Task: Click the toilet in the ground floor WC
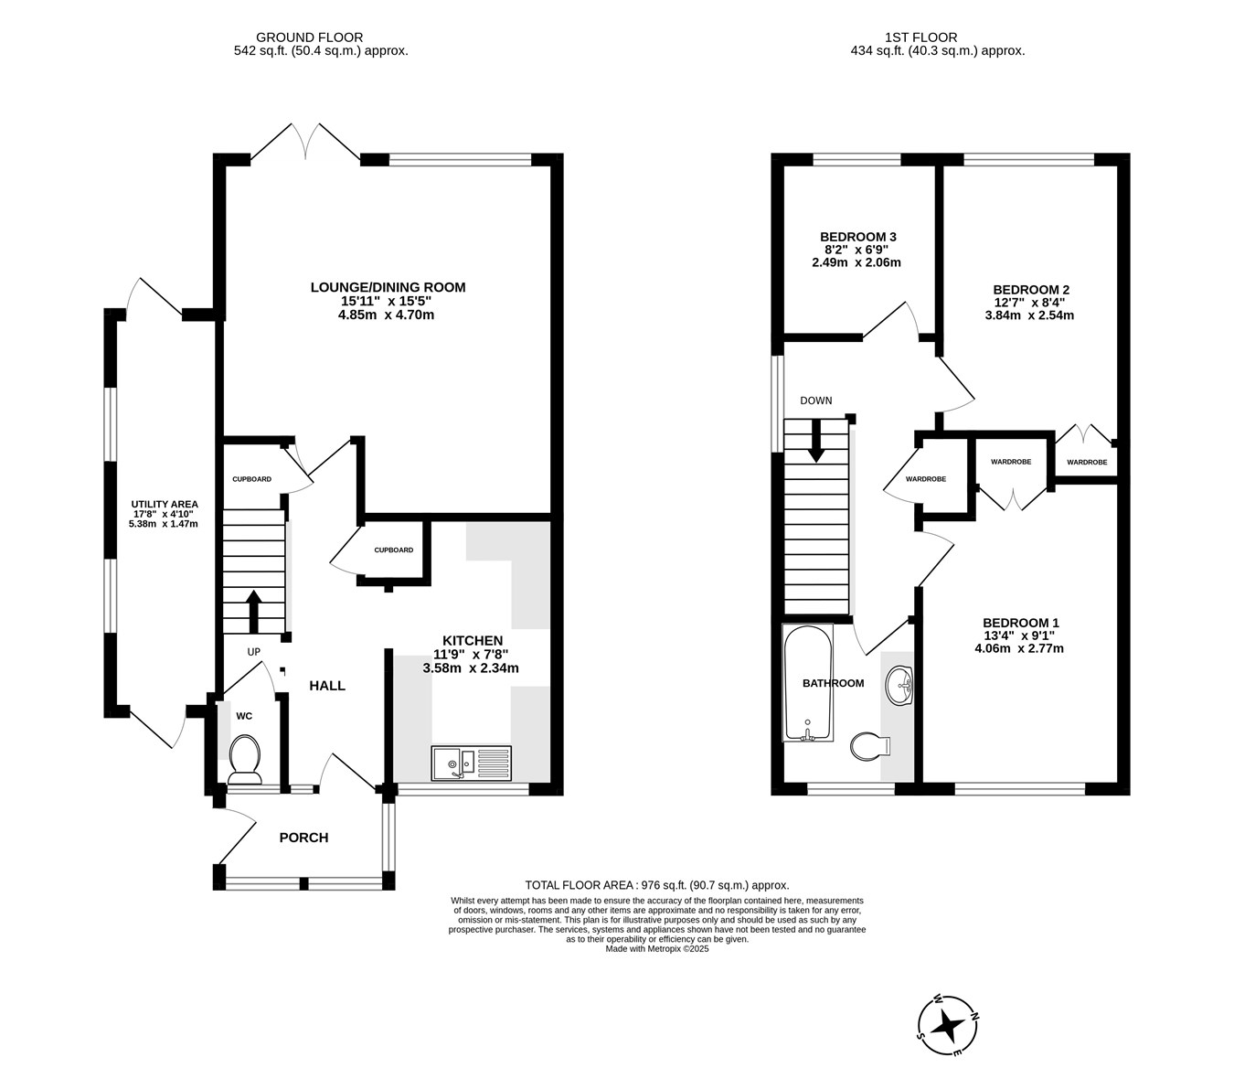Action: [245, 759]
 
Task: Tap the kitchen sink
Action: [471, 763]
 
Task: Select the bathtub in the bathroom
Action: [808, 683]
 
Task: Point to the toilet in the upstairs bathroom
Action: [870, 746]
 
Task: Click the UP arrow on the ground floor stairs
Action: [254, 611]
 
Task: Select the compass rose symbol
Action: [947, 1025]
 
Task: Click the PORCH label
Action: [303, 838]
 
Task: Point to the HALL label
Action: [327, 686]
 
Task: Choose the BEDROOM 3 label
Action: [858, 237]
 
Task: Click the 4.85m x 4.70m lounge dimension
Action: [387, 315]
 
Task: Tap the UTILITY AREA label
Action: [165, 504]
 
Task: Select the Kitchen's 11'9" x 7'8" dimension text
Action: [471, 654]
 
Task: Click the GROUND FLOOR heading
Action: [309, 37]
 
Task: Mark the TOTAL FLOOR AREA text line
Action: [657, 884]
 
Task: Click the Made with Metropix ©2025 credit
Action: [657, 948]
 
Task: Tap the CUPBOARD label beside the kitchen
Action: [393, 550]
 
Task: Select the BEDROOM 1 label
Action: [1021, 623]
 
